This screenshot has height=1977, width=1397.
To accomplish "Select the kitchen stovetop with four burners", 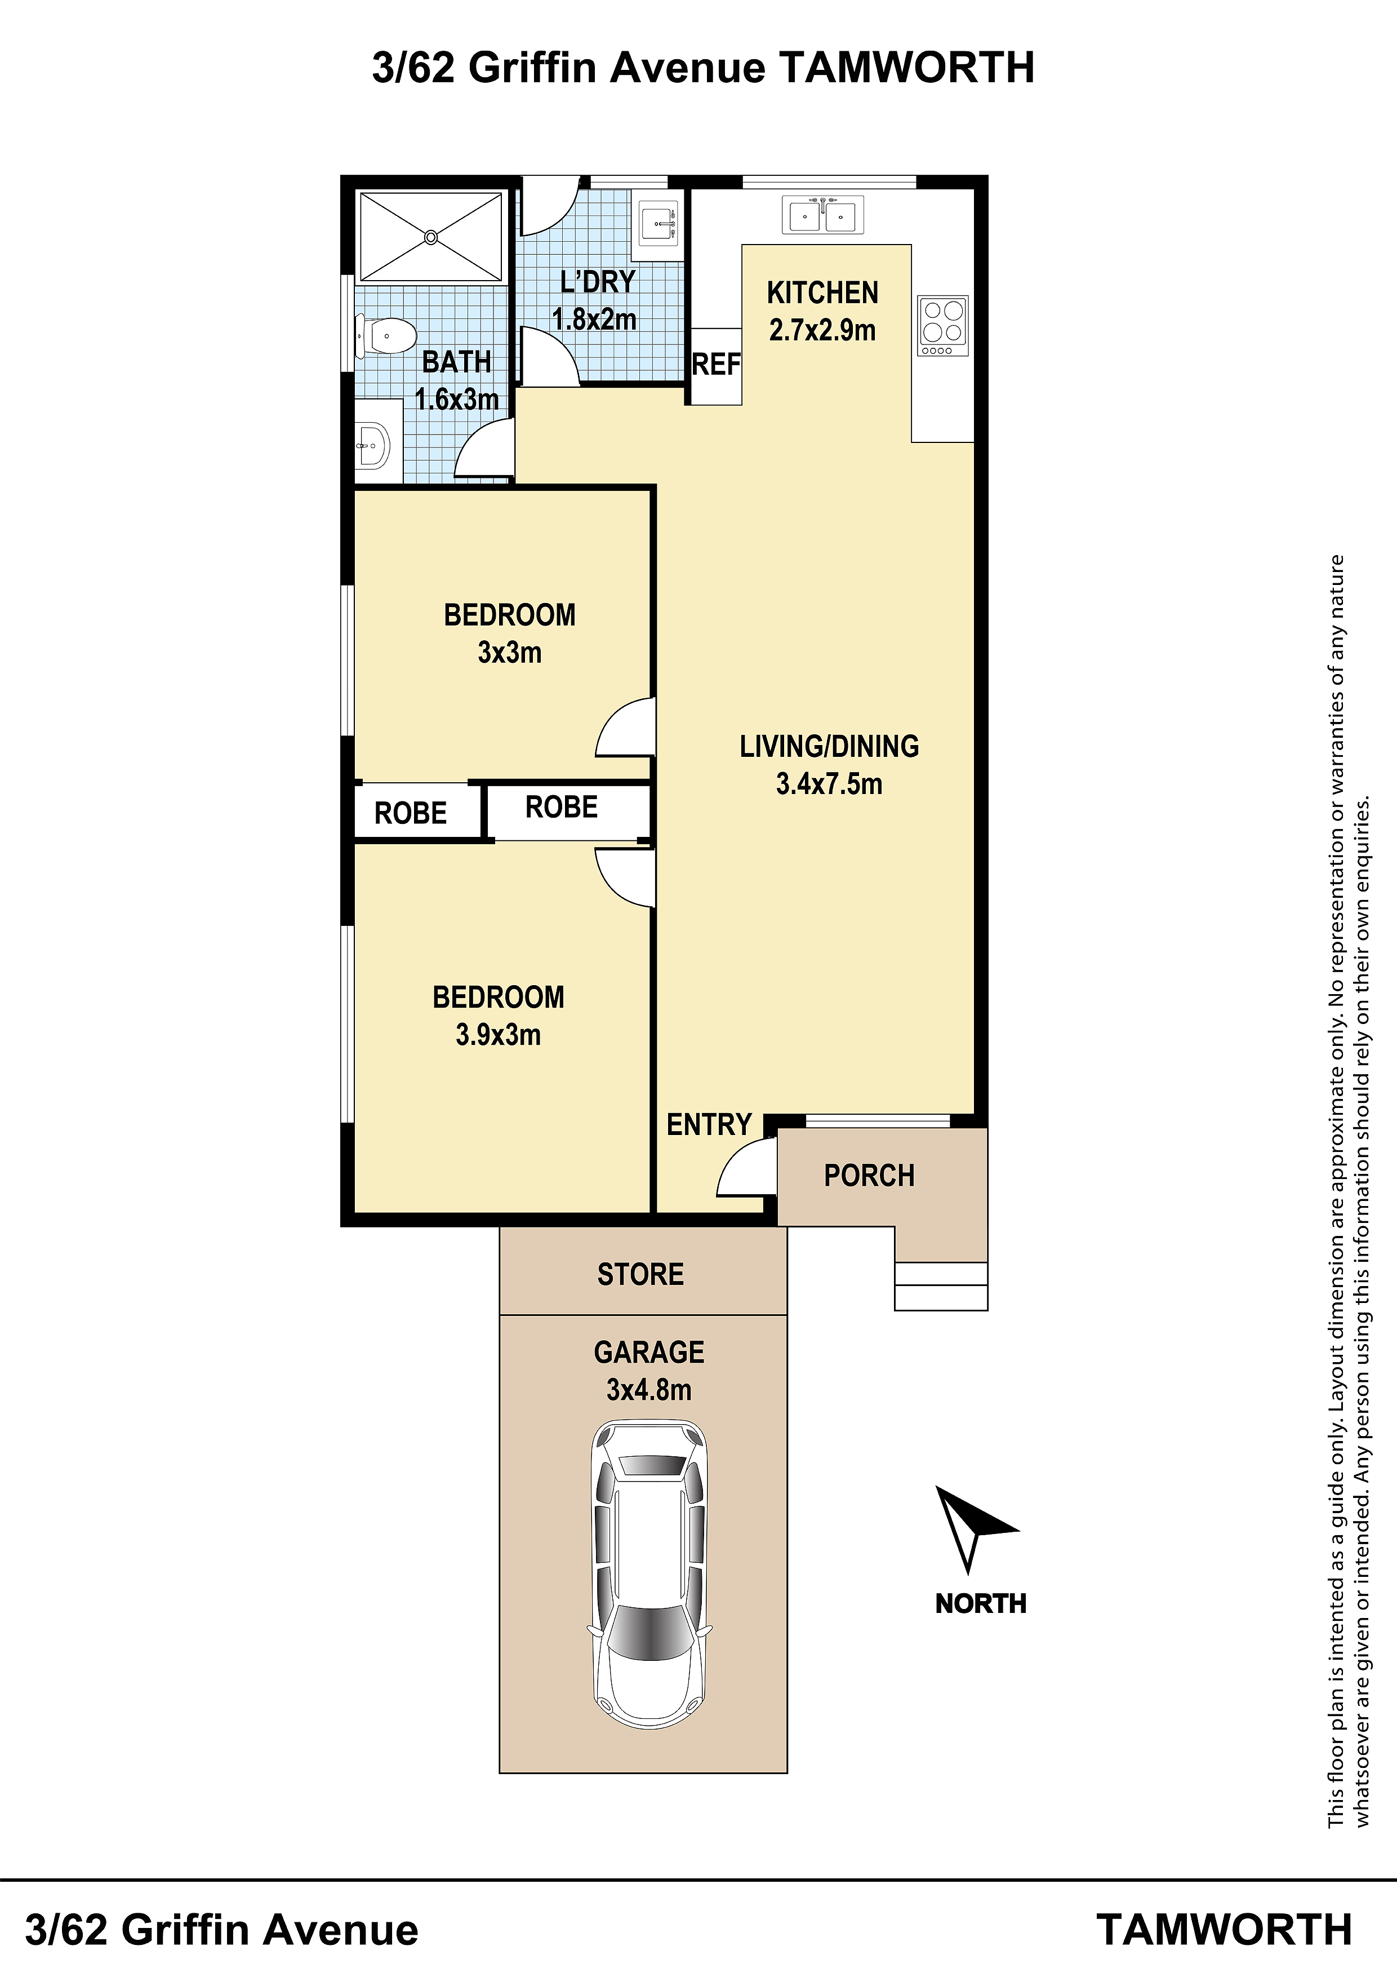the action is [944, 326].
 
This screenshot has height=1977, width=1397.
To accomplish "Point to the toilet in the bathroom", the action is [384, 336].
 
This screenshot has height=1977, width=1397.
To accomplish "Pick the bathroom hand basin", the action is [373, 446].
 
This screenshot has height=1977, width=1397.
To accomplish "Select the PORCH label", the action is [869, 1176].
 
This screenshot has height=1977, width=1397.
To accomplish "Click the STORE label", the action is [640, 1274].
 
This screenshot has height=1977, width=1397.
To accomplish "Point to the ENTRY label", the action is [709, 1124].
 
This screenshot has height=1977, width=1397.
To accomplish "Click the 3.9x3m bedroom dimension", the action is [499, 1034].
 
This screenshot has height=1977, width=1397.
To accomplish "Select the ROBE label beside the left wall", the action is [411, 813].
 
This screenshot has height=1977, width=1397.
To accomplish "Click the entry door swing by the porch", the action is [745, 1166].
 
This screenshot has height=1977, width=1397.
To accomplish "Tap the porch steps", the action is [941, 1287].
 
